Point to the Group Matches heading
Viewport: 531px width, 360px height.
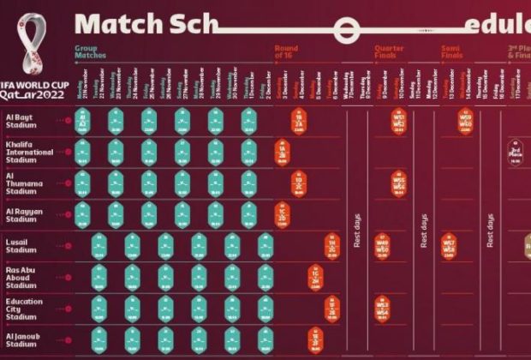point(90,51)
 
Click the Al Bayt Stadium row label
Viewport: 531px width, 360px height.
point(23,120)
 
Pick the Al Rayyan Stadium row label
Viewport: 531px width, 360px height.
point(25,214)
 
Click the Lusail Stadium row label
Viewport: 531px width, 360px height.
point(23,247)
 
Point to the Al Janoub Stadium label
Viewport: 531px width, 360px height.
point(24,341)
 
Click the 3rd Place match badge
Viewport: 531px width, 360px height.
point(516,152)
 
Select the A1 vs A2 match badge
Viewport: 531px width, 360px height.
point(82,121)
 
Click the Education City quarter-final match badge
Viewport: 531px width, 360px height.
point(382,309)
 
